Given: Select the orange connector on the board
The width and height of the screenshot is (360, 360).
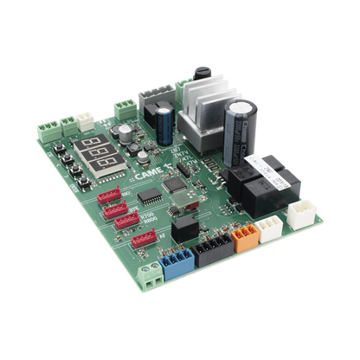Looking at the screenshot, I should click(x=244, y=234).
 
